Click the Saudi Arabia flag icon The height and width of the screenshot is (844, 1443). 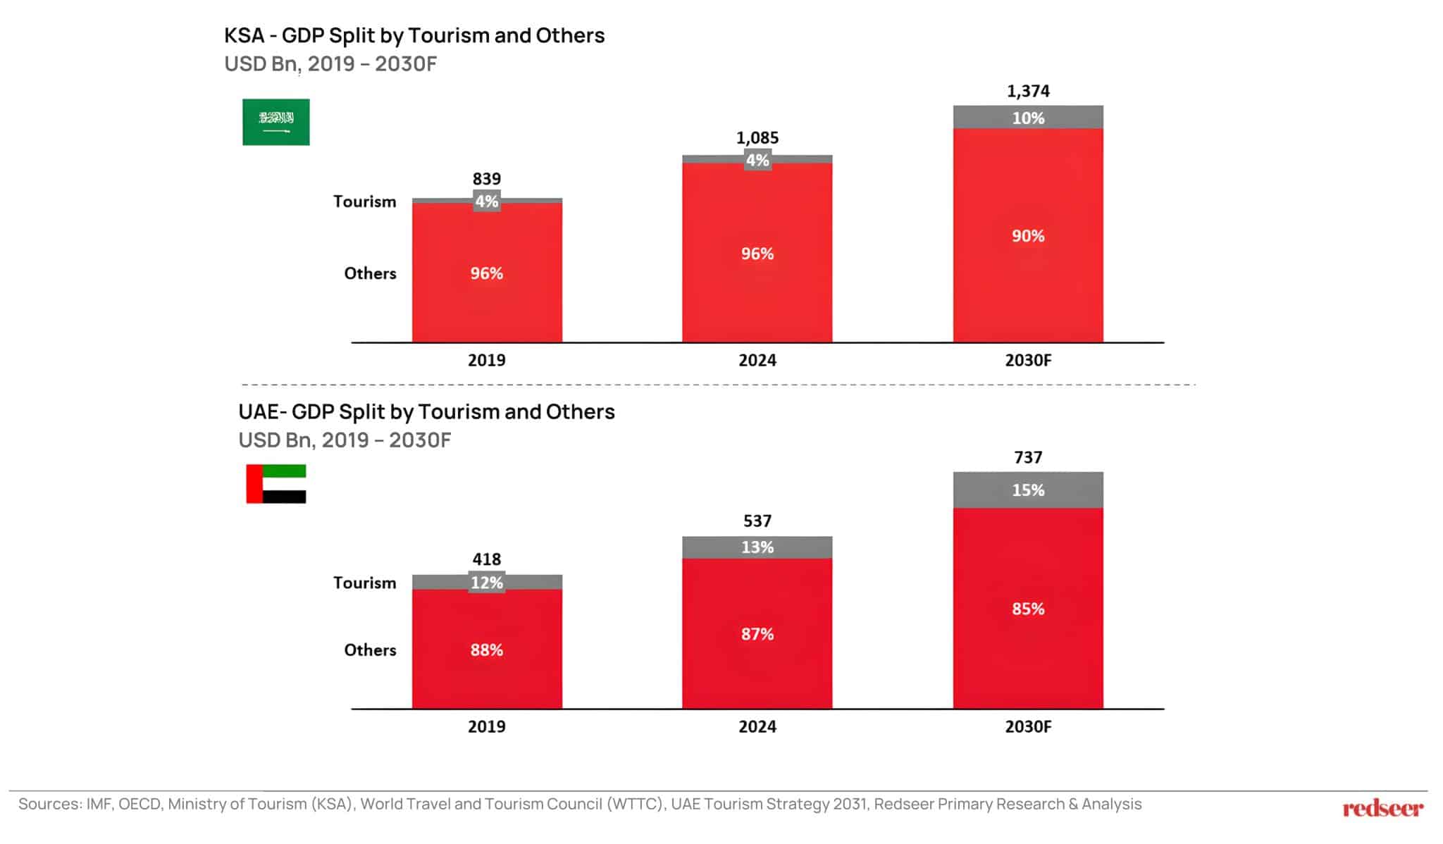[275, 122]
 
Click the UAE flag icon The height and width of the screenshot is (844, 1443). [275, 484]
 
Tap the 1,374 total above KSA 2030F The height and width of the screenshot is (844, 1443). [1028, 92]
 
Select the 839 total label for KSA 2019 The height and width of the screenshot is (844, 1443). [487, 179]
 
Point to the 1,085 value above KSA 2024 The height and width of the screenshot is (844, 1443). [757, 138]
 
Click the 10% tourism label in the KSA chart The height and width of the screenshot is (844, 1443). [1028, 118]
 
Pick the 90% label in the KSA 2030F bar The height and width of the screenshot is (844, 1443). [1028, 236]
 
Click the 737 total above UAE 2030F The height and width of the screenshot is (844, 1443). [1028, 458]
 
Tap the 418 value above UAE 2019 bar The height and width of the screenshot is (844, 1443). [487, 559]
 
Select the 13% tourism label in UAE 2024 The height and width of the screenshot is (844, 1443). [757, 547]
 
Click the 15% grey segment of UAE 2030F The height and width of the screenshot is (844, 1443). [1028, 490]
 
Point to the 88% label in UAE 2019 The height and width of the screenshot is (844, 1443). [487, 650]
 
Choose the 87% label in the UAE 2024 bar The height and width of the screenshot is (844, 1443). [757, 634]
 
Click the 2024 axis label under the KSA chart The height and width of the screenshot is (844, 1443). [757, 361]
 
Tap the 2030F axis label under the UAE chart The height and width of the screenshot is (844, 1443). [1028, 727]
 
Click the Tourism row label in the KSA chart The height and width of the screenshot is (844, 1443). [364, 202]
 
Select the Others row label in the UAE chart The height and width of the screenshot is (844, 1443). [370, 650]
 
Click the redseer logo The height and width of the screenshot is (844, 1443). [1382, 809]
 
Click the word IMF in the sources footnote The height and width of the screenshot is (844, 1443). [98, 805]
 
